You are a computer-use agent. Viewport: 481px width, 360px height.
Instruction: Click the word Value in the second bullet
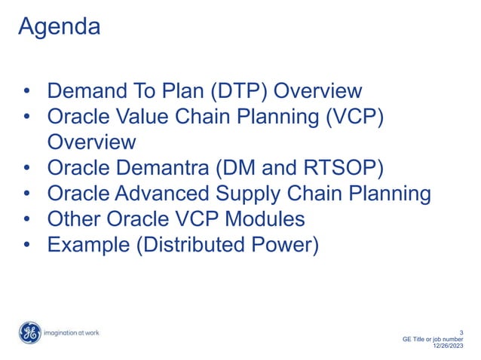pos(152,117)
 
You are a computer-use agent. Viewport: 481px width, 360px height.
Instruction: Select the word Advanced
pos(164,194)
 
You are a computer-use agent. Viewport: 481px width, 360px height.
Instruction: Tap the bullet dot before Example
pos(26,246)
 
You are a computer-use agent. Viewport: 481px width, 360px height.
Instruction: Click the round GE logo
pos(29,332)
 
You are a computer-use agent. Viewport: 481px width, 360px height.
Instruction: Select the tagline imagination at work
pos(72,332)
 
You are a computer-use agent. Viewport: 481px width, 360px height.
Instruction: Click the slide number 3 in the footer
pos(461,332)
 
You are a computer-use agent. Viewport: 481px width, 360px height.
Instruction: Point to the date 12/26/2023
pos(448,346)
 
